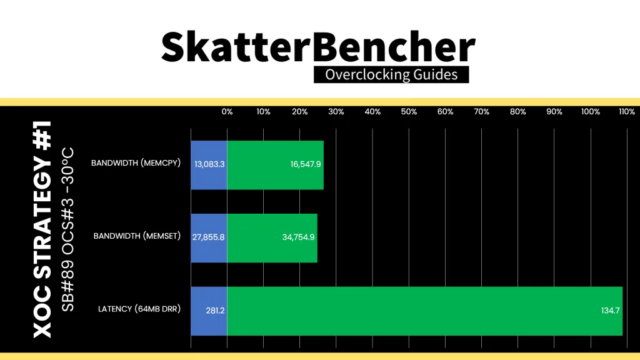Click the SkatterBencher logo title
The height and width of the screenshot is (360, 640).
(318, 47)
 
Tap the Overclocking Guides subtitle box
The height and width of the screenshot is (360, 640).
(391, 75)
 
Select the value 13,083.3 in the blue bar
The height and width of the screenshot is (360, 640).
(209, 164)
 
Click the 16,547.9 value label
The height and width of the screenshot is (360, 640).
(305, 164)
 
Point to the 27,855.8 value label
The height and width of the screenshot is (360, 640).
(208, 237)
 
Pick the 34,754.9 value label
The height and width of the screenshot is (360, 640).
(298, 237)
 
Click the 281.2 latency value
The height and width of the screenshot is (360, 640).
(215, 311)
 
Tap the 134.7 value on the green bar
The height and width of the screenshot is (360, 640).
(610, 311)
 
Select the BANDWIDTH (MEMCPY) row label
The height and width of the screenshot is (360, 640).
(136, 163)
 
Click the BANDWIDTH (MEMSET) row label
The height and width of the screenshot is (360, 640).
(137, 236)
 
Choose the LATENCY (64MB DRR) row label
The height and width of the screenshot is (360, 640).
(139, 309)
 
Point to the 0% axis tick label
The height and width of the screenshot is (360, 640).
(227, 112)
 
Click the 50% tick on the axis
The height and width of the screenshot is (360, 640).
(409, 112)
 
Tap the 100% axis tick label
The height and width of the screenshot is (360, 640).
(591, 112)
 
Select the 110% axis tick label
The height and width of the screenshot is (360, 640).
(627, 112)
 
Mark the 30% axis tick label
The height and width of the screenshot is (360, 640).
(336, 112)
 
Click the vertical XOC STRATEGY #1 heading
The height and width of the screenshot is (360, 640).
(42, 229)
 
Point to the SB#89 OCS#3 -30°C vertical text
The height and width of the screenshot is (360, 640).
(67, 229)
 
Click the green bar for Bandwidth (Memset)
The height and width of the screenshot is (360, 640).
(272, 238)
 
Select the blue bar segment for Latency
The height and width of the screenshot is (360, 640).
(209, 311)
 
